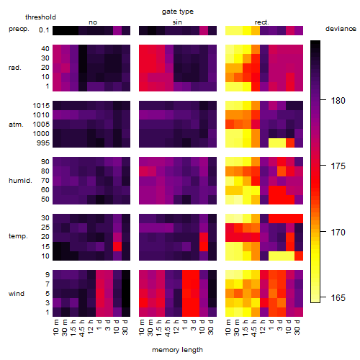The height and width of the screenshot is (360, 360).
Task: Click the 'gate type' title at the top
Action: (x=178, y=12)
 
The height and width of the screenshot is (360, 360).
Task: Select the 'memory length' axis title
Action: (x=178, y=350)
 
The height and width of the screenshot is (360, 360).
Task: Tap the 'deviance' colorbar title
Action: (x=341, y=29)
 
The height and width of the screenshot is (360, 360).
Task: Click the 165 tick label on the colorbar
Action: (x=338, y=298)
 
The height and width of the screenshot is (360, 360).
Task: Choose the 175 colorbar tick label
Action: (x=338, y=166)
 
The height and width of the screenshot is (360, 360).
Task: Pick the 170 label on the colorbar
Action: (x=338, y=232)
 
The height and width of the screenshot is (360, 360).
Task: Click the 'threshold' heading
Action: (x=40, y=17)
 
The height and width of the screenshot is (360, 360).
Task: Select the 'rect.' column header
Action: (x=262, y=22)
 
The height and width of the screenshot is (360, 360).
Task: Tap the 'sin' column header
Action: (x=177, y=22)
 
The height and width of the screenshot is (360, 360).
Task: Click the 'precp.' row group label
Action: (x=19, y=29)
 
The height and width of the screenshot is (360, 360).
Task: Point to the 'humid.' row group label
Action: (x=20, y=181)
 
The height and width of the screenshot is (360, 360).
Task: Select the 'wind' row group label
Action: (x=17, y=294)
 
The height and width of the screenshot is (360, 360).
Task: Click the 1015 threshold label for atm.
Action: (x=41, y=106)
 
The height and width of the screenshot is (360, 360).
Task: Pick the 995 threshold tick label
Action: (x=43, y=143)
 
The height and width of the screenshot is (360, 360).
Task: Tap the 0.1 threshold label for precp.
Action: (x=44, y=30)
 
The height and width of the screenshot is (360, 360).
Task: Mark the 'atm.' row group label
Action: (x=16, y=125)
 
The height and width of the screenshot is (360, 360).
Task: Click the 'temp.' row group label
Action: (x=18, y=236)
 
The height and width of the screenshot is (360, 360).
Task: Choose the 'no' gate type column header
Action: (x=93, y=22)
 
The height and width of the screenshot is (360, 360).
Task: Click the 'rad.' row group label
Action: (x=15, y=68)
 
